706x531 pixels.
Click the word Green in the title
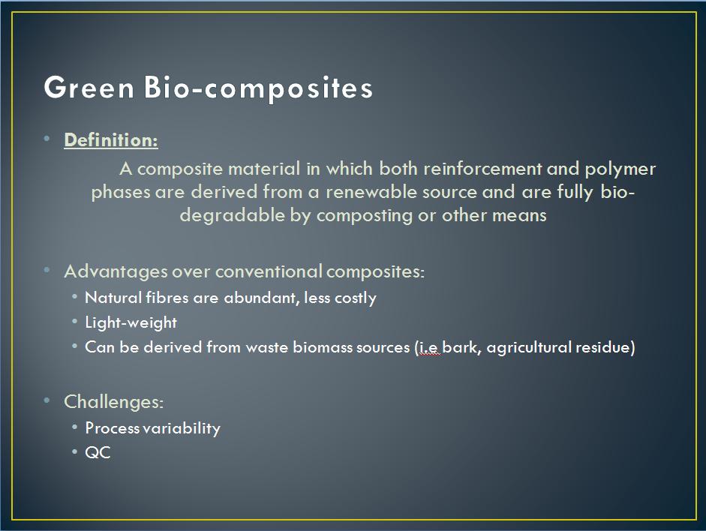pos(89,87)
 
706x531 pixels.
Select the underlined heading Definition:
pos(111,140)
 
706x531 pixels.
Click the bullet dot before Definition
pos(47,139)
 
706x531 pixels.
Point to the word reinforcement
pos(482,169)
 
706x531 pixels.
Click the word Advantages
pos(116,272)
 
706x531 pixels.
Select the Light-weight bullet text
pos(131,323)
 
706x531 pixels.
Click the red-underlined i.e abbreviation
pos(428,347)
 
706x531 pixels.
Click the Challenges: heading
pos(113,402)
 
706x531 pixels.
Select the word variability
pos(182,428)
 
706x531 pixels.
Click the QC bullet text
pos(98,453)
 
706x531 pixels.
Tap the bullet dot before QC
pos(75,451)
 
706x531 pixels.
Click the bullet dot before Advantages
pos(47,270)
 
